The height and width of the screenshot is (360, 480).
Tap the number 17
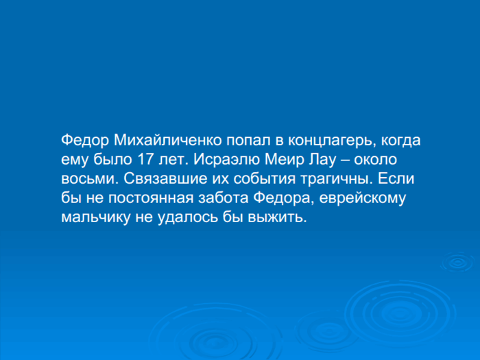pyautogui.click(x=145, y=160)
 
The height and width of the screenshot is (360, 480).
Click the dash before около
pyautogui.click(x=345, y=161)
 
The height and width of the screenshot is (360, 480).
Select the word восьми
pyautogui.click(x=89, y=179)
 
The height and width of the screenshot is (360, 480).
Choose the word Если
pyautogui.click(x=396, y=179)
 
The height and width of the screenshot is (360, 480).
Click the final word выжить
pyautogui.click(x=277, y=217)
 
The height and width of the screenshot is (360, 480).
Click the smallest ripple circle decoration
pyautogui.click(x=458, y=263)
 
